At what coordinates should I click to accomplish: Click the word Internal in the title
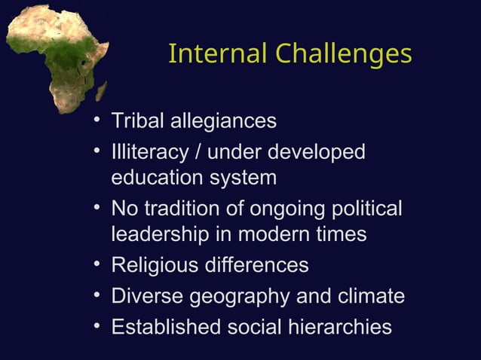tap(218, 54)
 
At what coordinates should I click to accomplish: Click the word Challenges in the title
tap(343, 54)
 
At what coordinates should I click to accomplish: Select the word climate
tap(369, 296)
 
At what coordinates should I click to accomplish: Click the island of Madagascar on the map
tap(101, 92)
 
